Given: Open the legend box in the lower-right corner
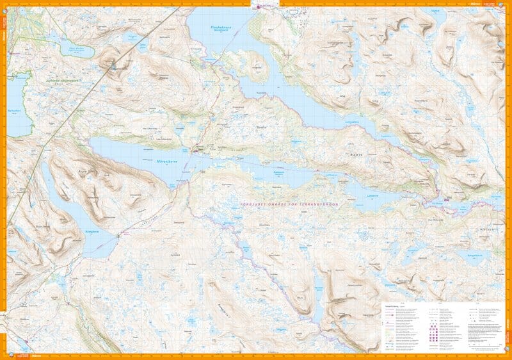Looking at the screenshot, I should pos(442,325).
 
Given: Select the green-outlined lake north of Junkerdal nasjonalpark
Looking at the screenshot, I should pos(77,51).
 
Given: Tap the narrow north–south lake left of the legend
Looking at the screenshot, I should pos(318,289).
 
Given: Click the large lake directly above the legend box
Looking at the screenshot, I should pos(472,256).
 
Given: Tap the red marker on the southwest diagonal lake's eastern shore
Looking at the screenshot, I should pos(118,236).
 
